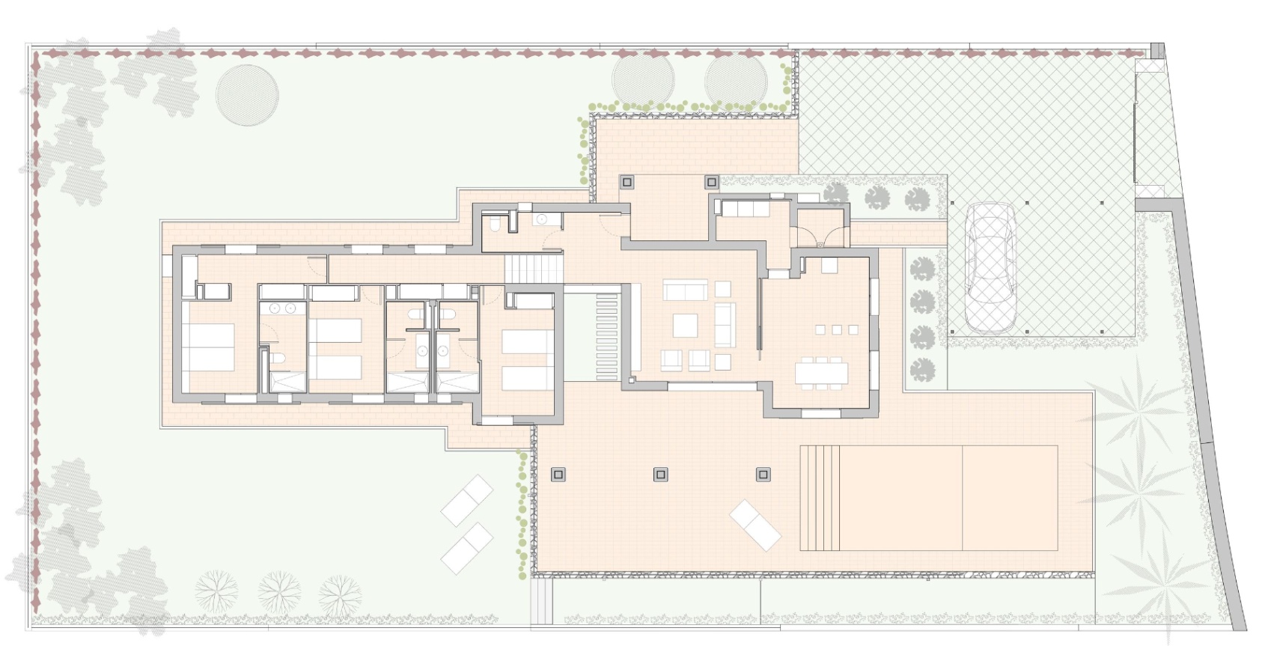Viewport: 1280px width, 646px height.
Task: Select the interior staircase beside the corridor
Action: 532,268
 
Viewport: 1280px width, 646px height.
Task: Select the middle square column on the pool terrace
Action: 660,475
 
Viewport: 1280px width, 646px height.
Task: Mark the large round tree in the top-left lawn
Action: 247,96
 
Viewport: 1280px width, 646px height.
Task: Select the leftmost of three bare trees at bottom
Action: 216,588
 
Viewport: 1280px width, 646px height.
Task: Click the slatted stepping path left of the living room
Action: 606,337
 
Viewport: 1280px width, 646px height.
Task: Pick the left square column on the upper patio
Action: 627,181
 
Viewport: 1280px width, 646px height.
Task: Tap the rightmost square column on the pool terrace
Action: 763,475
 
